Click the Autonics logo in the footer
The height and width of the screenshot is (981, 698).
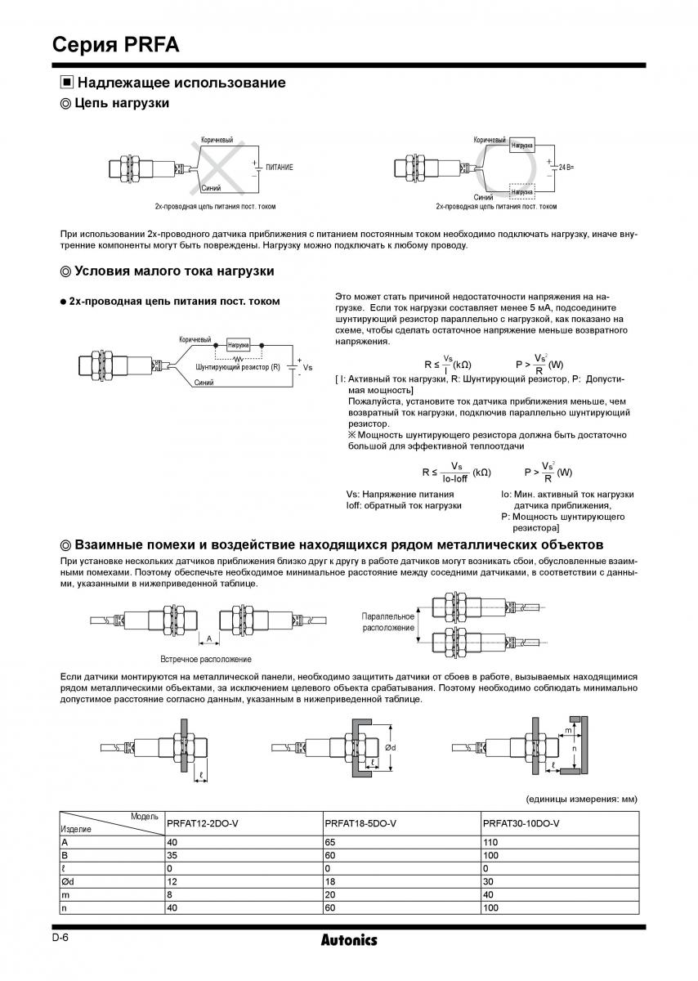[x=349, y=940]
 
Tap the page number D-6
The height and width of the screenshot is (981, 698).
[x=60, y=938]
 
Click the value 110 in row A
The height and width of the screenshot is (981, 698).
[x=491, y=841]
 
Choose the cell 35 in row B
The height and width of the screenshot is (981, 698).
[x=172, y=854]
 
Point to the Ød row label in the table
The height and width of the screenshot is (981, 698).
[x=68, y=881]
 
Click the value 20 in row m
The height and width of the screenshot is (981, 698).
[x=331, y=894]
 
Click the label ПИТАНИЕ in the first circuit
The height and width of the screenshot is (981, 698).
[x=279, y=167]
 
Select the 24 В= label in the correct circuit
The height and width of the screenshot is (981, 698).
[x=565, y=167]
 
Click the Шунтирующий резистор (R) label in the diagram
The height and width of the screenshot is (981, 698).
[x=238, y=367]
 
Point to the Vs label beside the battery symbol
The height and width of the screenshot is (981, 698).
[x=307, y=368]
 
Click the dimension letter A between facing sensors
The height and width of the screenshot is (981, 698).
[x=209, y=638]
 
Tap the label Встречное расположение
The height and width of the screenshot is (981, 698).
[x=205, y=659]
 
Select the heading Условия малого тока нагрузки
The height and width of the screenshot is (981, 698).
[x=173, y=271]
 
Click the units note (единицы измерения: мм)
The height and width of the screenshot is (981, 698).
[x=579, y=799]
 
